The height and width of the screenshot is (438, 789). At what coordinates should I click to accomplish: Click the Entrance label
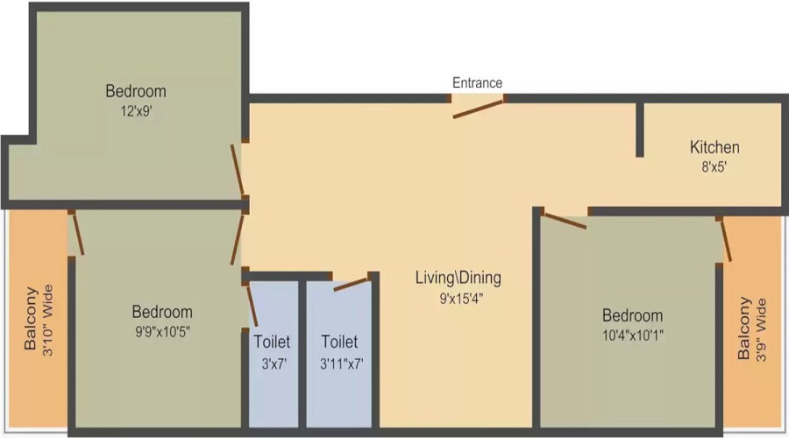click(x=477, y=83)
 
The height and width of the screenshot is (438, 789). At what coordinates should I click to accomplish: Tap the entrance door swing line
click(x=479, y=109)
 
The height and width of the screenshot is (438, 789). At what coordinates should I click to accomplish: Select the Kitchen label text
click(x=714, y=147)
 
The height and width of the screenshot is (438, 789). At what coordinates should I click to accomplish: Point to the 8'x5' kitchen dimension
click(x=714, y=166)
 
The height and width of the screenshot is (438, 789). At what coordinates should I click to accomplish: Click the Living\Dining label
click(x=458, y=279)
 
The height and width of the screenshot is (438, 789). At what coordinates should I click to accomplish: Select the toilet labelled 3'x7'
click(x=272, y=350)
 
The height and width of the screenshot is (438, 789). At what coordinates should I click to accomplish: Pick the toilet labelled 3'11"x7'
click(x=339, y=350)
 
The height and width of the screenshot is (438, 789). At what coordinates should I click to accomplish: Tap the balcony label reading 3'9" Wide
click(x=751, y=330)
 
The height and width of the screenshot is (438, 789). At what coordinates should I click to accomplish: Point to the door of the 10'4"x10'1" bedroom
click(x=564, y=219)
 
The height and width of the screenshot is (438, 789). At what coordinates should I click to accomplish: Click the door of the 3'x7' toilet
click(x=251, y=304)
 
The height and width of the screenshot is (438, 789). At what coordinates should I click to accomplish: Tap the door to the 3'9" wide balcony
click(x=724, y=240)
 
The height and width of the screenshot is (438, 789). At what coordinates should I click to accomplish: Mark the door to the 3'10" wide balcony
click(x=77, y=233)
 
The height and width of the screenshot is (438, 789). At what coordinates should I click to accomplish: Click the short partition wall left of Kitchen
click(x=640, y=130)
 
